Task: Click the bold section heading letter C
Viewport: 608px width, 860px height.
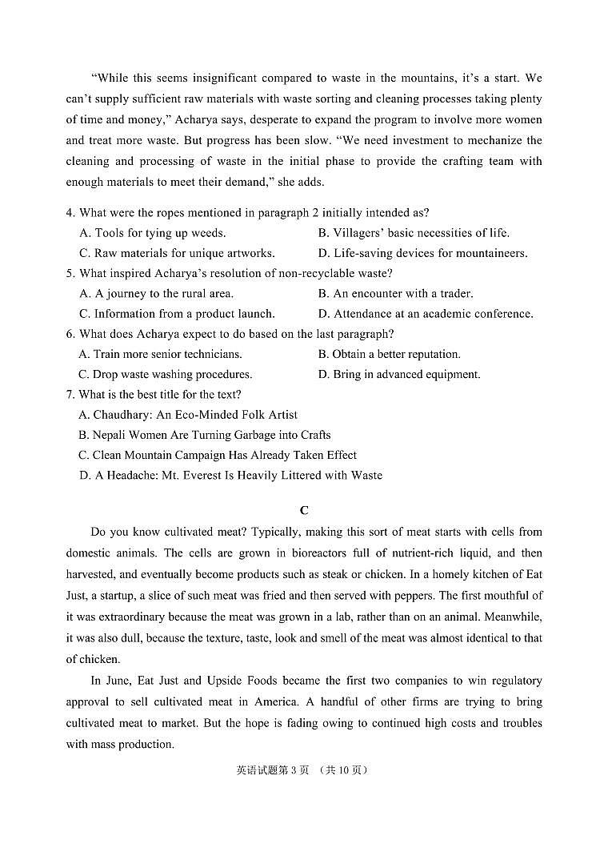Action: point(304,510)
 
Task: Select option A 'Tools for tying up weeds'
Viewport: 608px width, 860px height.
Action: point(152,233)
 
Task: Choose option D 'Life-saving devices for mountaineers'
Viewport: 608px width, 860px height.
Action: point(422,253)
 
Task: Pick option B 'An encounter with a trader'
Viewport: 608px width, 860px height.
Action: point(395,293)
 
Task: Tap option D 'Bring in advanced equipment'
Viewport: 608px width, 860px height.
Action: point(399,374)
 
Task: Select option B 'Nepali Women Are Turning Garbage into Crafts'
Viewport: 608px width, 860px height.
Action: point(204,435)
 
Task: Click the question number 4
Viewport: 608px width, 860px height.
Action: point(70,213)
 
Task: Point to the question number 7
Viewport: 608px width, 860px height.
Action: point(70,394)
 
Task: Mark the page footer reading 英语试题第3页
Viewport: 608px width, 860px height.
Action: point(273,770)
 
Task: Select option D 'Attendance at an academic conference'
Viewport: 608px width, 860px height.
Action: point(425,314)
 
